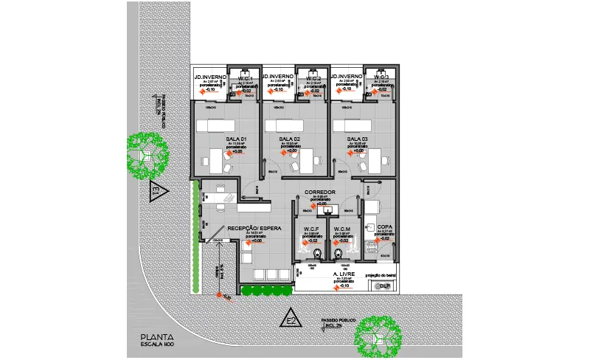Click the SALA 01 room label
[235, 139]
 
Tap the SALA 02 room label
[289, 139]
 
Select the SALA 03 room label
[357, 139]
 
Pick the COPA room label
[384, 227]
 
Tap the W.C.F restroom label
[311, 229]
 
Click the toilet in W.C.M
[338, 254]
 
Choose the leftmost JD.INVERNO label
[210, 77]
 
